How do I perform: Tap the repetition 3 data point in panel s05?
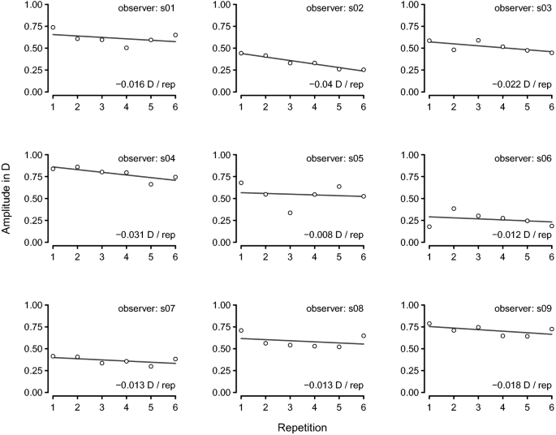point(290,213)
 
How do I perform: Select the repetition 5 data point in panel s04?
point(151,184)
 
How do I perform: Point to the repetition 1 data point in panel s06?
point(429,226)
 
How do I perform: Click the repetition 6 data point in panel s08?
point(364,336)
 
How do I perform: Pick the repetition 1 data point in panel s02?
point(241,54)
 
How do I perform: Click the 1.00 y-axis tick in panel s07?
point(32,305)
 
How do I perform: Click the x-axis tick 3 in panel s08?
point(290,403)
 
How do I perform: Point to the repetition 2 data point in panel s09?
point(454,330)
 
